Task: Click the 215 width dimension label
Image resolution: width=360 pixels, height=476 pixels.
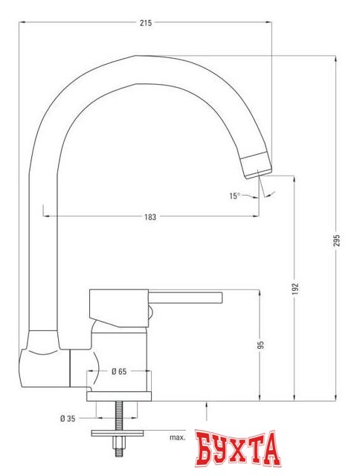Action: [145, 24]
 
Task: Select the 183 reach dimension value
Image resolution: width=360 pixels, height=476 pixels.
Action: [150, 216]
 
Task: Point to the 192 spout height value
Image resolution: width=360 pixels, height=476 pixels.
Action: [295, 288]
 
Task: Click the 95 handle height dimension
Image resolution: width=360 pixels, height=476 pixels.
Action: [260, 344]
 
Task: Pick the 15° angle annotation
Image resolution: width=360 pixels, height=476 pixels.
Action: [235, 196]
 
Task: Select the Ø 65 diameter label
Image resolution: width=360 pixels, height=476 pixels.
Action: [118, 370]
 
